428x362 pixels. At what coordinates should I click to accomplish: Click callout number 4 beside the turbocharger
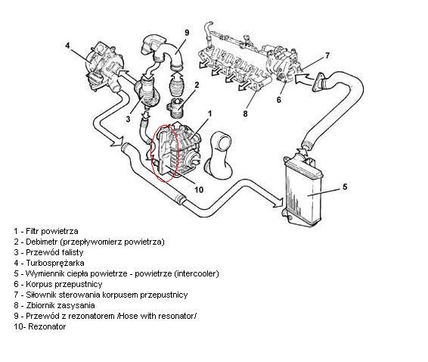click(x=67, y=45)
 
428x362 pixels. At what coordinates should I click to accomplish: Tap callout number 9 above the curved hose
click(x=187, y=33)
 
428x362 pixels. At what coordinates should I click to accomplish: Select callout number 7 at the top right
click(x=327, y=55)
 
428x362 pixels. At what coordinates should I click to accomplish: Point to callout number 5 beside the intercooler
click(x=345, y=187)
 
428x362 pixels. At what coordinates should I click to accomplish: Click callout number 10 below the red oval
click(x=199, y=189)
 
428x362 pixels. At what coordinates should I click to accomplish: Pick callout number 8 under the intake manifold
click(x=245, y=114)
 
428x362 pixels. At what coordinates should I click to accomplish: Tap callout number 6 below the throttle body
click(x=279, y=99)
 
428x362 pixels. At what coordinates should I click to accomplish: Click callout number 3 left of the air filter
click(x=128, y=119)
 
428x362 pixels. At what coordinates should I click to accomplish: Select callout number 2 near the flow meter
click(x=197, y=85)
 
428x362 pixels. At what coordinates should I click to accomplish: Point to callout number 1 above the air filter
click(x=209, y=113)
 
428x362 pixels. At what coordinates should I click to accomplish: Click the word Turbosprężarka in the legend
click(x=55, y=263)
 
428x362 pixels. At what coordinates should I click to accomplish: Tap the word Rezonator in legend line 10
click(x=47, y=326)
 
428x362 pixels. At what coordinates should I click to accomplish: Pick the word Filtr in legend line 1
click(x=33, y=231)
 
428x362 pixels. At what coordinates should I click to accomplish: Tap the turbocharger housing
click(x=104, y=67)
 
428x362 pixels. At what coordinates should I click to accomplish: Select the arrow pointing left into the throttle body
click(x=304, y=80)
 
